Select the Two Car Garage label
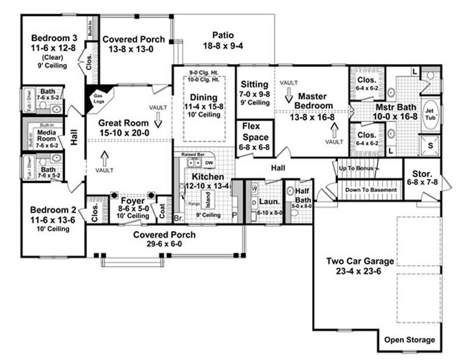361,261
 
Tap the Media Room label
46,136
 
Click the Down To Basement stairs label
370,190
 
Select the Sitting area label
255,85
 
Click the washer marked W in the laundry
254,189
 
